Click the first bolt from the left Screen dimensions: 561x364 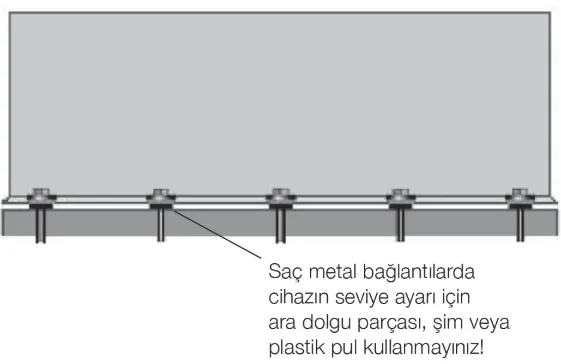click(42, 196)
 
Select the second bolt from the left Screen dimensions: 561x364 click(160, 196)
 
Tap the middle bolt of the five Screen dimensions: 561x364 click(280, 196)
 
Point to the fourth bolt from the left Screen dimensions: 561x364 click(400, 196)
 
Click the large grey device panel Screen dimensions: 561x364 click(280, 100)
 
